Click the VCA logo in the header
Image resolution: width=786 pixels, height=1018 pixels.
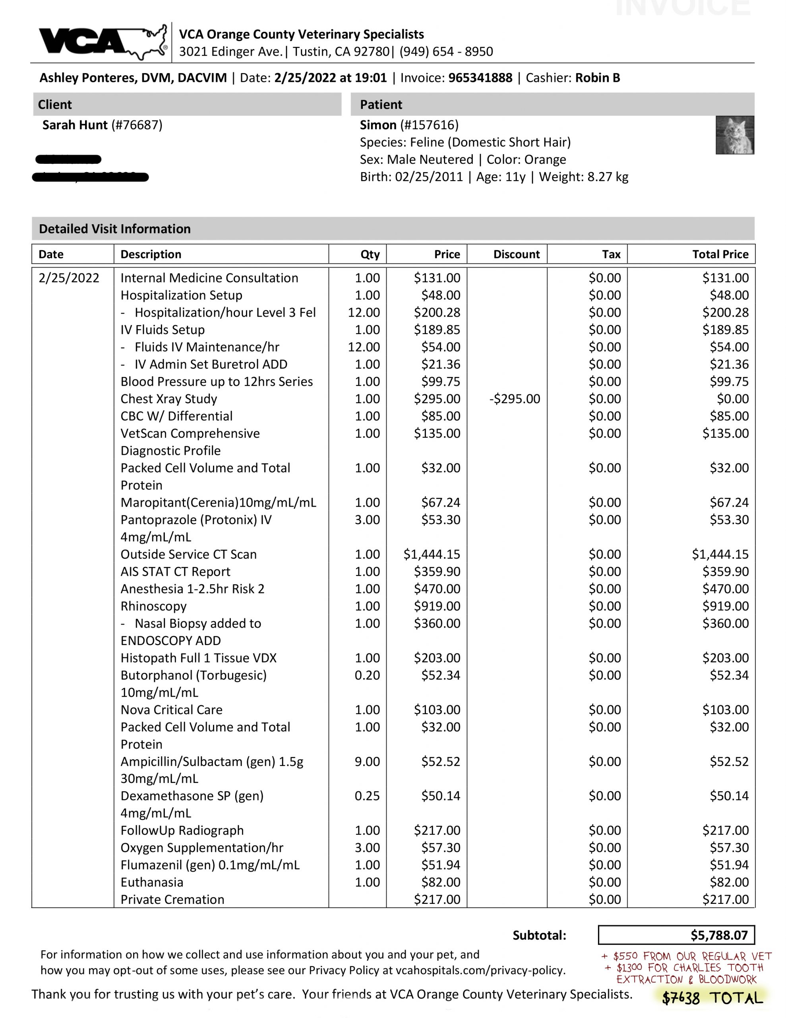click(103, 42)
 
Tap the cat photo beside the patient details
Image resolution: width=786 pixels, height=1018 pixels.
click(734, 135)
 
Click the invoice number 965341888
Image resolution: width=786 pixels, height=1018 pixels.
click(480, 78)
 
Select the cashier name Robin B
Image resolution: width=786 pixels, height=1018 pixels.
click(597, 78)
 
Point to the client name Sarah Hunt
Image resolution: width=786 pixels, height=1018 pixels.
click(75, 125)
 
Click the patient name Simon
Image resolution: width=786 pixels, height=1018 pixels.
click(378, 125)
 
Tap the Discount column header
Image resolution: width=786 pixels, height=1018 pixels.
click(516, 254)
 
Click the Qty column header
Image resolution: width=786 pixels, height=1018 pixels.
click(370, 254)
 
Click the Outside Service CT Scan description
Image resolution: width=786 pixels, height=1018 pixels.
click(188, 554)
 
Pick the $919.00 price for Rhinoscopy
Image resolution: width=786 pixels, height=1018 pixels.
click(437, 606)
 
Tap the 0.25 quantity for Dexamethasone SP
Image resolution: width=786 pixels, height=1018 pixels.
click(367, 796)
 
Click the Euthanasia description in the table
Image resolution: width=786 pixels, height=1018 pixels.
click(152, 882)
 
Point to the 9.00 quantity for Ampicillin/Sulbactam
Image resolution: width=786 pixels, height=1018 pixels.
click(367, 761)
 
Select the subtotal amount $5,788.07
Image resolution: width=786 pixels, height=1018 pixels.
click(718, 935)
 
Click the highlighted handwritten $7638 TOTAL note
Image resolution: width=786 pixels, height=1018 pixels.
click(712, 998)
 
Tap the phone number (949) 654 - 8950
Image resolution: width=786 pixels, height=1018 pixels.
click(446, 51)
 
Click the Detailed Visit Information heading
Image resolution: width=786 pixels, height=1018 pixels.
click(114, 229)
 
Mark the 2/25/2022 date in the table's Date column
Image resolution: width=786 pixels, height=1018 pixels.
click(69, 278)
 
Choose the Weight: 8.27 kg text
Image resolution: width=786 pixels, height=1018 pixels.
click(583, 177)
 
